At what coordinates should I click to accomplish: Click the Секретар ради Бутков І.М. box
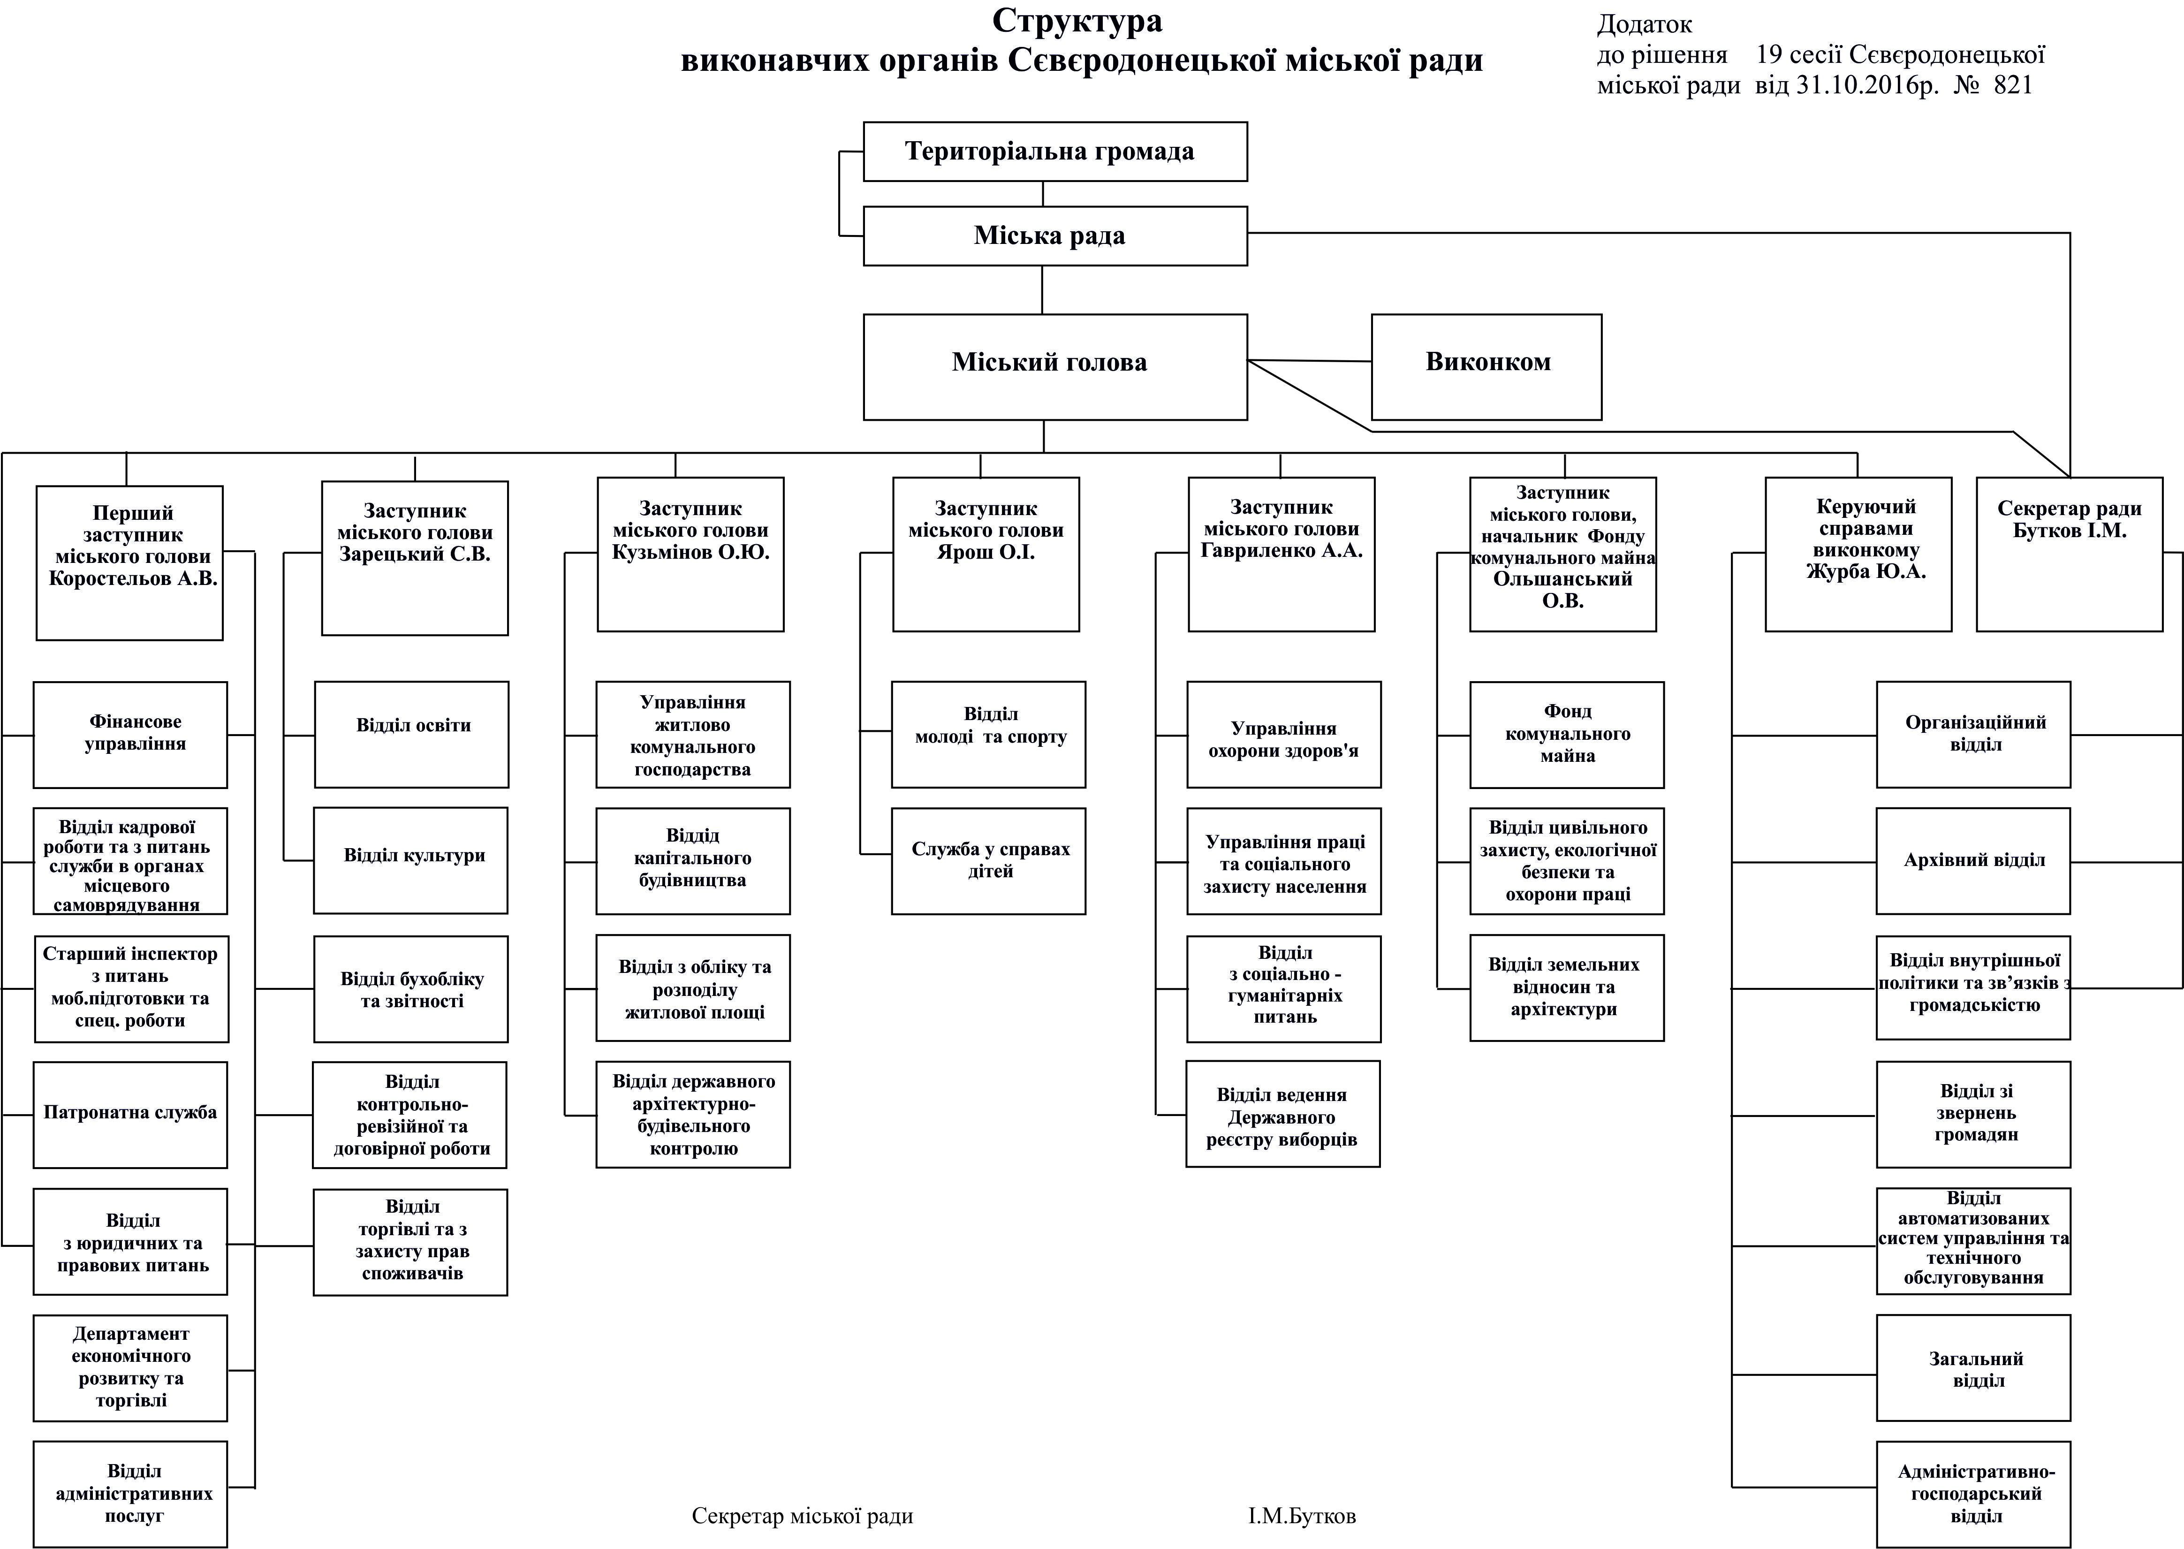[2069, 553]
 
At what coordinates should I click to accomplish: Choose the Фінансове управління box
[131, 735]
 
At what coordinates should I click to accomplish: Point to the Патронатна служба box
[131, 1114]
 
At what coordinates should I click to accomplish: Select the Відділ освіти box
[412, 735]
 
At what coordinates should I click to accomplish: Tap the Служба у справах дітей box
[989, 860]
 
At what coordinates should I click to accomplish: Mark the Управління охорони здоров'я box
[1284, 735]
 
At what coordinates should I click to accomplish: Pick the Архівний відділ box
[1973, 860]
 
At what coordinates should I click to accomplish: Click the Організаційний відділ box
[1973, 735]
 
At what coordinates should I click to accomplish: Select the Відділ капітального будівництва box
[693, 860]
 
